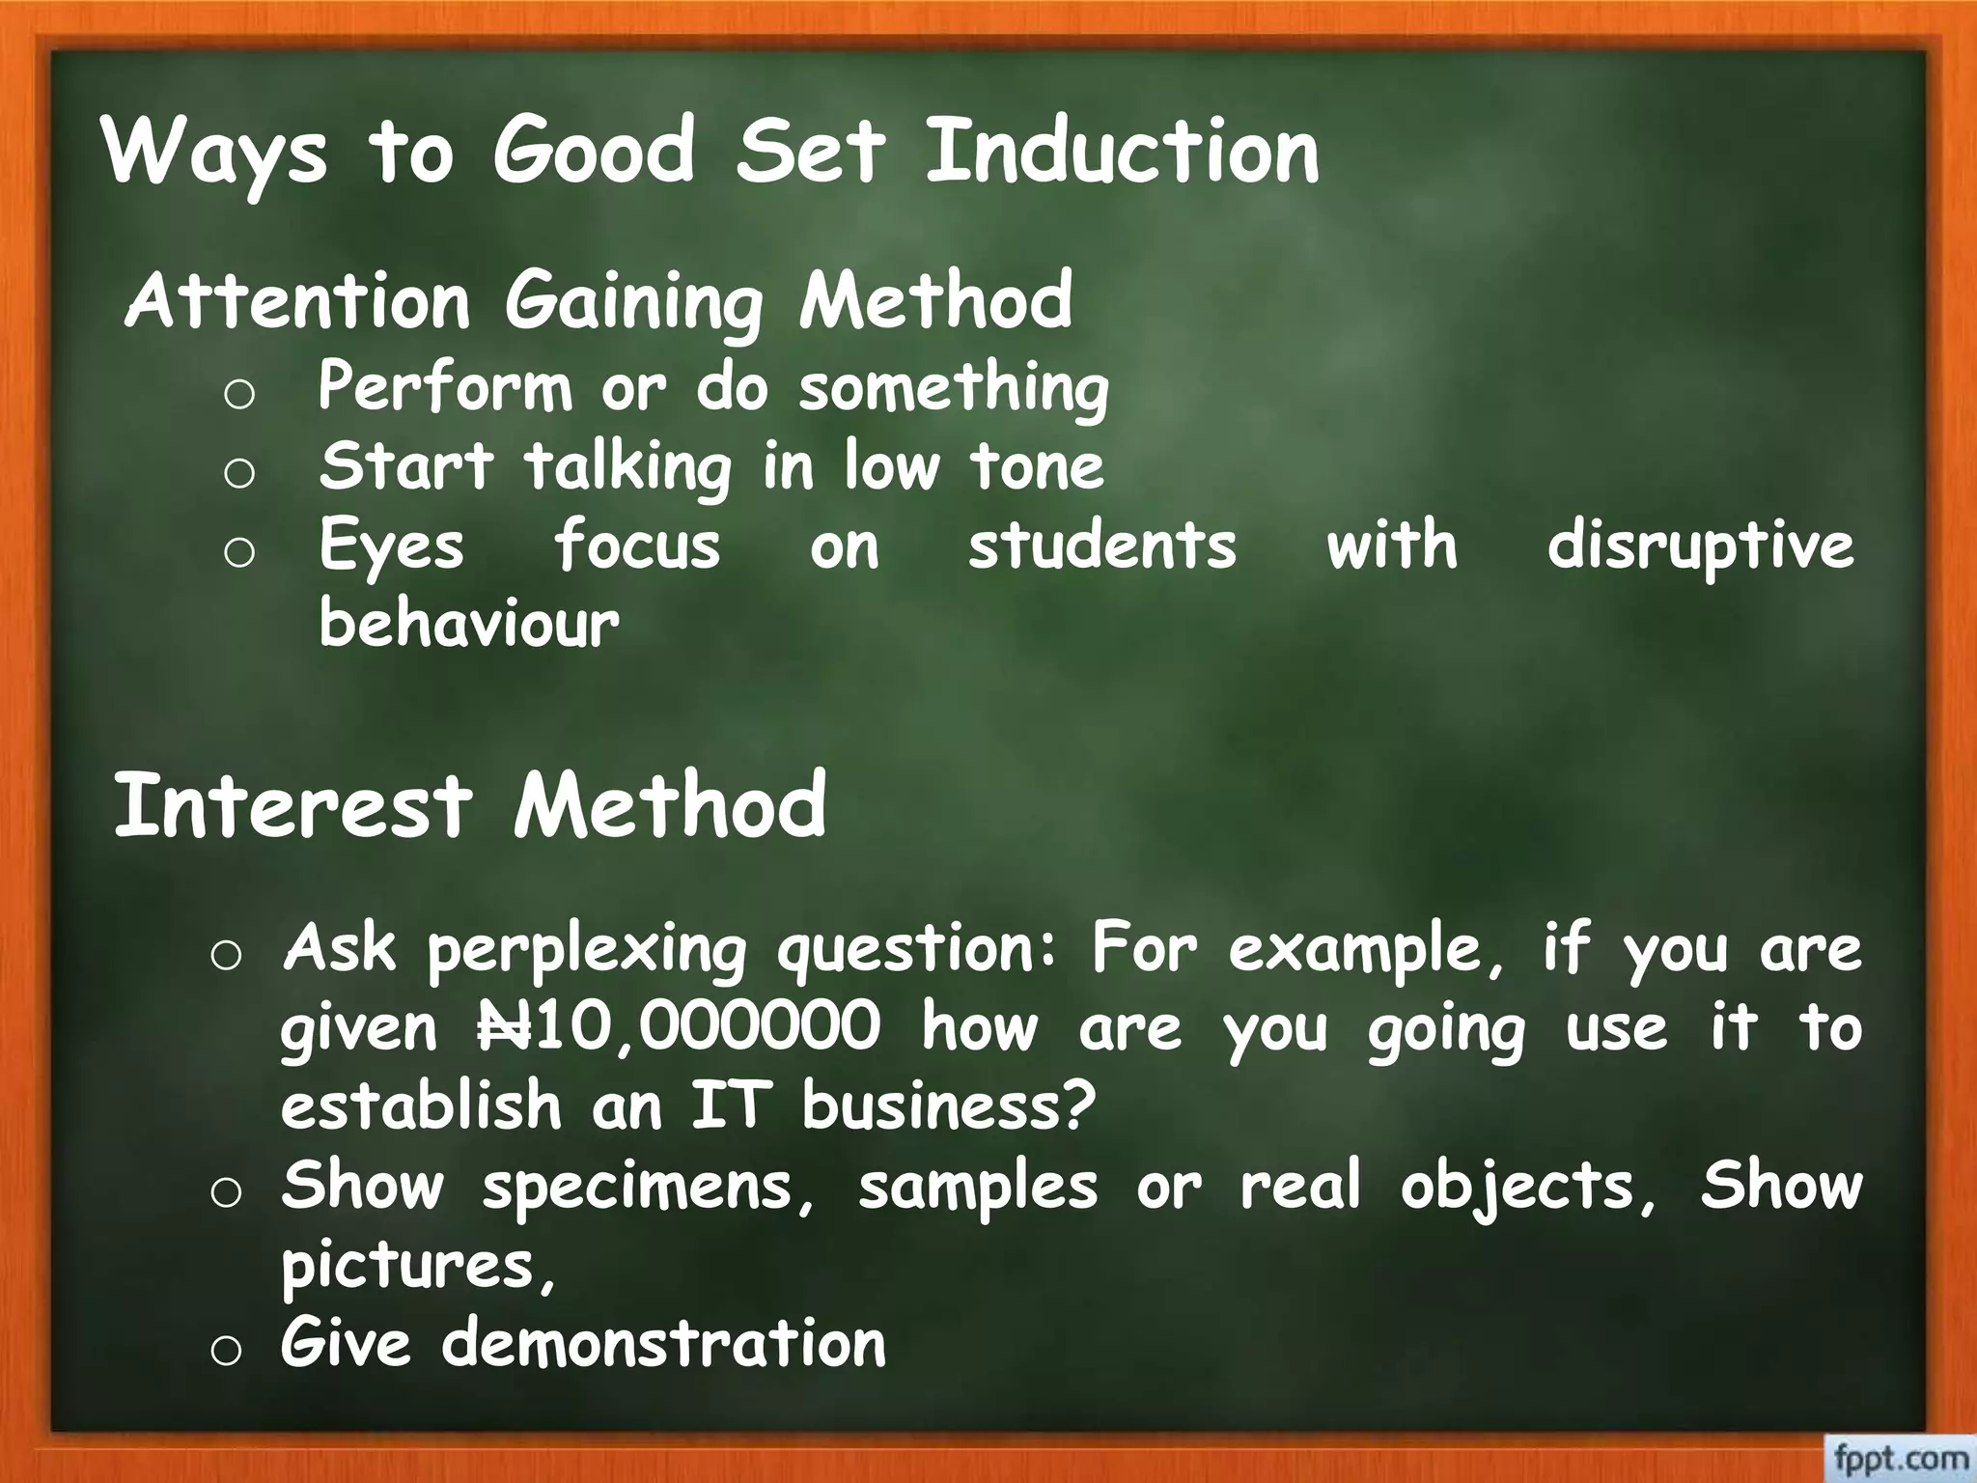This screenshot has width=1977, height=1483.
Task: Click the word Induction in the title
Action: click(1122, 151)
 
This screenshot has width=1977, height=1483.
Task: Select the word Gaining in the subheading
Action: click(634, 301)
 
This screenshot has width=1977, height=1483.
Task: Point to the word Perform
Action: click(445, 388)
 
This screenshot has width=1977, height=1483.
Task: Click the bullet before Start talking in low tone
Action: click(238, 473)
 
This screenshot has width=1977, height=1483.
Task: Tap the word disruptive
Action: click(1700, 546)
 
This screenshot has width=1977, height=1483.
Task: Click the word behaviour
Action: click(469, 623)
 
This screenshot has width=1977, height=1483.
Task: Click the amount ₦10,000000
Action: click(679, 1026)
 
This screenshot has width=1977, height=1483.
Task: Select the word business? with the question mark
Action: click(949, 1105)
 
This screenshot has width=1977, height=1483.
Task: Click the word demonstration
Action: click(663, 1343)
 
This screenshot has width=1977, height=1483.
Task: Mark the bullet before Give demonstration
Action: click(225, 1350)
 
